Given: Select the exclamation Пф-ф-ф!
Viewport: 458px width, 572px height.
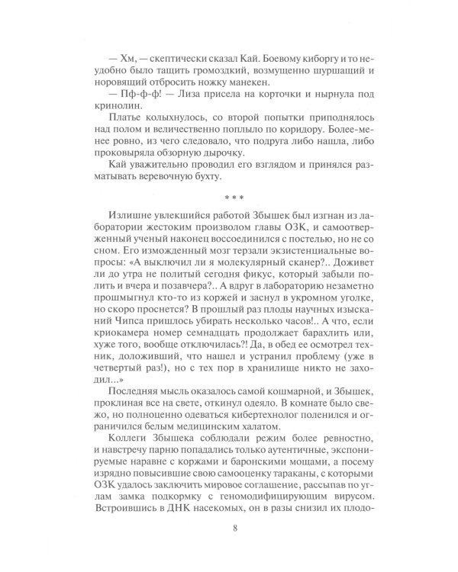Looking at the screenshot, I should [x=127, y=84].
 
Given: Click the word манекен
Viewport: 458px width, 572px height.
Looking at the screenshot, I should [x=262, y=69].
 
